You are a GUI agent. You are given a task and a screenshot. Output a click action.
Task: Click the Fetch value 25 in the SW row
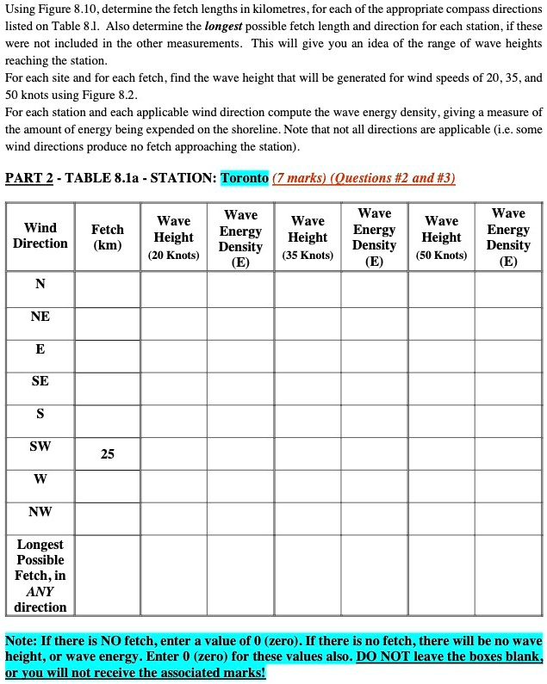pyautogui.click(x=107, y=454)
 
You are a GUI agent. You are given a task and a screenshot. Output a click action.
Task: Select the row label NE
pyautogui.click(x=40, y=317)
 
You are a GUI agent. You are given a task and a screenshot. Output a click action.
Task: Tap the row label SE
pyautogui.click(x=40, y=381)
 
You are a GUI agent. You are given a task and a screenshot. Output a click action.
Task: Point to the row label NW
pyautogui.click(x=40, y=512)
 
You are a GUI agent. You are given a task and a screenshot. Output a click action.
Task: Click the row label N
pyautogui.click(x=40, y=284)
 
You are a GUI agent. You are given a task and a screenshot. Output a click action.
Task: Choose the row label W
pyautogui.click(x=40, y=479)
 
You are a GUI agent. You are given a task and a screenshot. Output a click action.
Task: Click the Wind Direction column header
pyautogui.click(x=40, y=236)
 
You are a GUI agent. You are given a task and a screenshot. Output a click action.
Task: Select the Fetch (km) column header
pyautogui.click(x=107, y=237)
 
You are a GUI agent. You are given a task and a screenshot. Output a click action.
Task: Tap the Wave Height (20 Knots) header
pyautogui.click(x=174, y=237)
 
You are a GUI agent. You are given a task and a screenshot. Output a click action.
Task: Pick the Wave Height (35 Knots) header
pyautogui.click(x=308, y=237)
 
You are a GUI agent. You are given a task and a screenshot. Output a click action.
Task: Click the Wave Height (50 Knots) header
pyautogui.click(x=442, y=237)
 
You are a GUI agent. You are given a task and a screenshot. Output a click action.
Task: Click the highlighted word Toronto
pyautogui.click(x=245, y=178)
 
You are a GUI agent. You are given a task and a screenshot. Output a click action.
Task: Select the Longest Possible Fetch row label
pyautogui.click(x=40, y=576)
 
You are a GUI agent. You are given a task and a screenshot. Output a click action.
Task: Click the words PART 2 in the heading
pyautogui.click(x=30, y=179)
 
